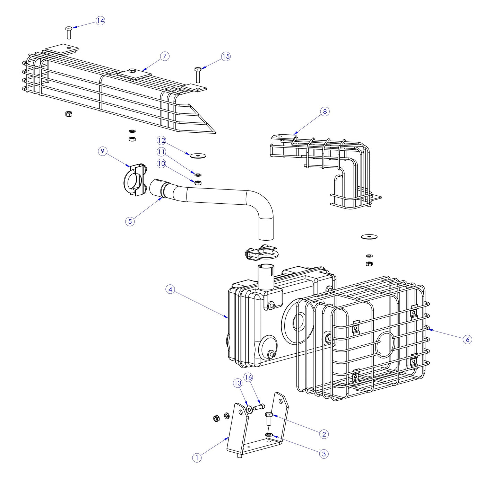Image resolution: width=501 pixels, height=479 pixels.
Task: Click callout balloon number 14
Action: (x=100, y=21)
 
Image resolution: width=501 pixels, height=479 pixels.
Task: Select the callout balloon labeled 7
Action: (x=165, y=56)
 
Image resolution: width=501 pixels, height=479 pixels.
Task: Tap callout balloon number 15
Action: (x=226, y=56)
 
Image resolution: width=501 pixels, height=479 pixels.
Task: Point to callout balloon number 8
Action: (x=325, y=112)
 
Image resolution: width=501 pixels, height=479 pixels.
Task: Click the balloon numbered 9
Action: (x=103, y=151)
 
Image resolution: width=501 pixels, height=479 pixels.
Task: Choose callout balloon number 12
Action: (x=161, y=140)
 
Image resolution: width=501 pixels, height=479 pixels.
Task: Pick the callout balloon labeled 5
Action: (x=130, y=221)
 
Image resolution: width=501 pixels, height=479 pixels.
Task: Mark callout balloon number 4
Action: (x=170, y=289)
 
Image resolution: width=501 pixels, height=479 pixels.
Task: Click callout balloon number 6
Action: (x=467, y=339)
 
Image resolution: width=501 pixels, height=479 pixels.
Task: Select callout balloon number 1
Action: (x=197, y=458)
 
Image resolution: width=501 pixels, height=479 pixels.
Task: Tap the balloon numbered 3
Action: (x=324, y=454)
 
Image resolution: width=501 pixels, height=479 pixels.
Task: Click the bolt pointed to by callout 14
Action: (x=69, y=33)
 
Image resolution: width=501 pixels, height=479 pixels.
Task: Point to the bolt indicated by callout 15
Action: (x=198, y=75)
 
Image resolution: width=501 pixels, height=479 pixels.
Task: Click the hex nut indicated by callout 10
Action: (x=198, y=183)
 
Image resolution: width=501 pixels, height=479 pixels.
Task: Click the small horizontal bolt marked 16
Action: (x=259, y=407)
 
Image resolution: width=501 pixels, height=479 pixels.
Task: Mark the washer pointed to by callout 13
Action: (x=249, y=410)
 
